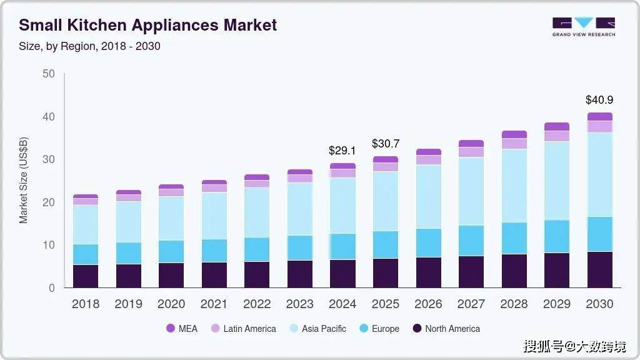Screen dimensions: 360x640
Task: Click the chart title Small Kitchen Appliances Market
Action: click(x=147, y=25)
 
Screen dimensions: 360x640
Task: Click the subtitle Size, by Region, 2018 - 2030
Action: click(x=89, y=46)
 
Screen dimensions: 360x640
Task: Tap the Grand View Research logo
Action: click(x=583, y=26)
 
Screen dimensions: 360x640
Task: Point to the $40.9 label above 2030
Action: click(x=599, y=99)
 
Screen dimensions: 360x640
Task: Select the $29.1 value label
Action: click(x=342, y=151)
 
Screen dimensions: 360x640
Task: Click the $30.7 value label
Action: click(x=385, y=144)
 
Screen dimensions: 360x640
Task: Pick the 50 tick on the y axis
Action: click(x=48, y=74)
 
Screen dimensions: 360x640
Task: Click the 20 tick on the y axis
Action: click(x=48, y=202)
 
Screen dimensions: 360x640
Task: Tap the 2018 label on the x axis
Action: click(x=86, y=304)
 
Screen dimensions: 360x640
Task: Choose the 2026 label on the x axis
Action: click(x=428, y=304)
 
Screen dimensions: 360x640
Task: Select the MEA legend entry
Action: click(x=182, y=329)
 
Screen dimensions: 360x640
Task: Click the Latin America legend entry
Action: click(x=243, y=329)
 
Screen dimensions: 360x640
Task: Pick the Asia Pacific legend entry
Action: click(x=317, y=329)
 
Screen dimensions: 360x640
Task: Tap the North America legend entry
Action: click(x=446, y=329)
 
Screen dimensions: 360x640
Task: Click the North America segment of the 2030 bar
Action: click(x=599, y=270)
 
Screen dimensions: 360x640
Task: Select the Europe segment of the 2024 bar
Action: click(x=342, y=247)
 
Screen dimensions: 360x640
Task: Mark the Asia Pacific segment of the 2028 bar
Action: click(x=514, y=186)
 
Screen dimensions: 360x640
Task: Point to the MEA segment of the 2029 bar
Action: click(x=556, y=127)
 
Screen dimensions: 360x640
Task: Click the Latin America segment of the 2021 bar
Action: click(x=214, y=188)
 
